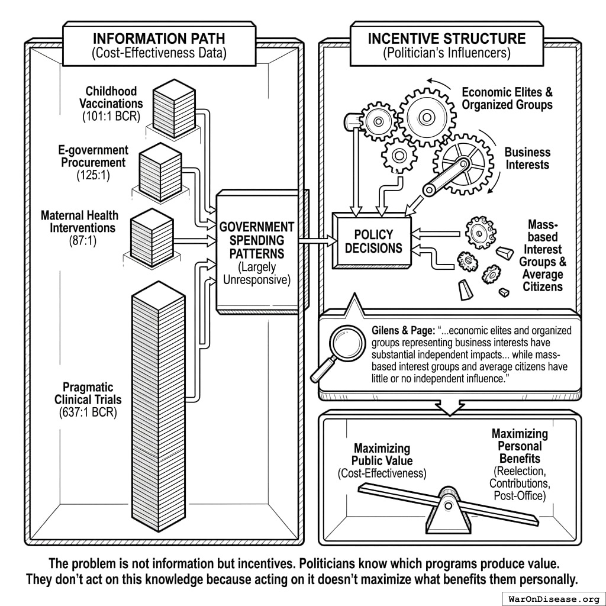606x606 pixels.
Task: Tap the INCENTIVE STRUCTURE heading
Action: [447, 39]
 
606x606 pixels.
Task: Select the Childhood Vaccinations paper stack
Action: [174, 108]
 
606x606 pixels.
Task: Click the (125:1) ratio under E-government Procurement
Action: [93, 175]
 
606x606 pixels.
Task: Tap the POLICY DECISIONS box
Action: [373, 240]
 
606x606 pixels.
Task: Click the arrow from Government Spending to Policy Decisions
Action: [314, 240]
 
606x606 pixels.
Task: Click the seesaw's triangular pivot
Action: [449, 510]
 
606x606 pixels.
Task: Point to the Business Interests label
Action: [527, 158]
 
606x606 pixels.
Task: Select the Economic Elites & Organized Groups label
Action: [507, 98]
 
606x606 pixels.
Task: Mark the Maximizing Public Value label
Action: [382, 454]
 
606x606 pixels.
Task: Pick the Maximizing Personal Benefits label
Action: [519, 446]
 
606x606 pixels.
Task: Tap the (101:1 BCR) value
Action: [111, 116]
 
